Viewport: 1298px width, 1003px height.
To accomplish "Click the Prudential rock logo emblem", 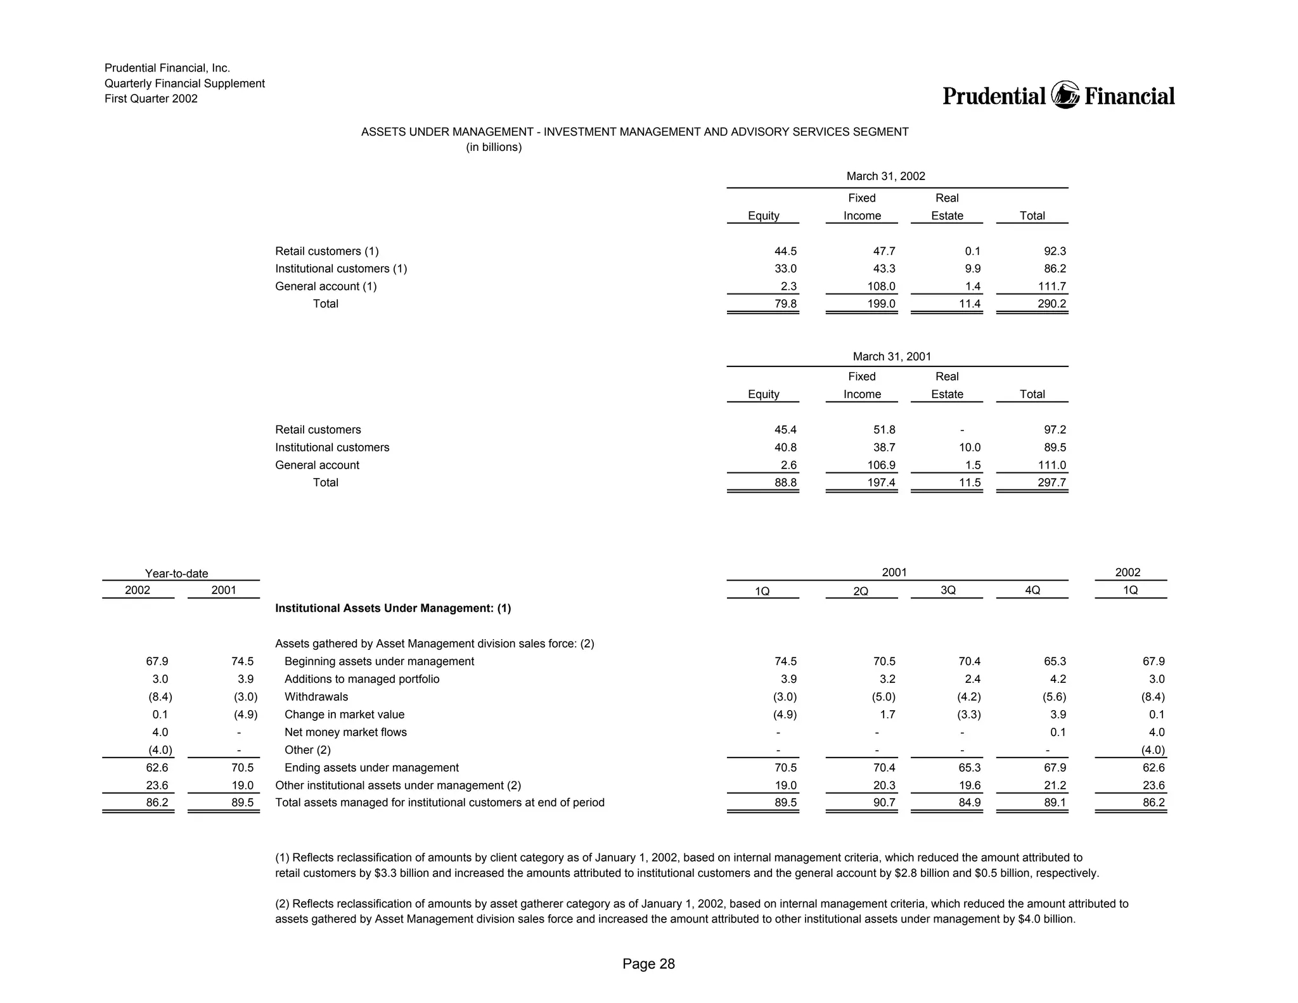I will (1065, 96).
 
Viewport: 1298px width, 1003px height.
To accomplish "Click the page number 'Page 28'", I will (648, 964).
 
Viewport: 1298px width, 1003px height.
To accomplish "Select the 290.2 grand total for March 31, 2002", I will (1051, 304).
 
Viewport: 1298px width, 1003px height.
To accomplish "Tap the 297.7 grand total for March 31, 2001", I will (1051, 482).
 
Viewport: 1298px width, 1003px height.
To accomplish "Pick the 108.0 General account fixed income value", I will (881, 287).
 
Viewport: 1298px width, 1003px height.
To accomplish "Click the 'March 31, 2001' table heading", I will (892, 356).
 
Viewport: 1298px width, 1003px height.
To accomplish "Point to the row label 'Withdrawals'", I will (316, 697).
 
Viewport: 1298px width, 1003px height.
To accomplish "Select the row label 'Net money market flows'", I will (345, 732).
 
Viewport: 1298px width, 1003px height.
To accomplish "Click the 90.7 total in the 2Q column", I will (884, 803).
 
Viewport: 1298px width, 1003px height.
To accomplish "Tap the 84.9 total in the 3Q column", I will (969, 803).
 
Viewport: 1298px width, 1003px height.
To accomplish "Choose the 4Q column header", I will (1032, 590).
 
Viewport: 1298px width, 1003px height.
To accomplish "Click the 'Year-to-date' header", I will (176, 574).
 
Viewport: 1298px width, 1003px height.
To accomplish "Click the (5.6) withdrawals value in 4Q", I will (1054, 697).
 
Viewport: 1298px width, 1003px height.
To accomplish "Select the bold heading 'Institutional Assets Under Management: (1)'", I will (393, 609).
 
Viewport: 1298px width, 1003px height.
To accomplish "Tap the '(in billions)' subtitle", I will (494, 148).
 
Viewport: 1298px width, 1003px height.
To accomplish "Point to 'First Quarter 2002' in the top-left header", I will (151, 99).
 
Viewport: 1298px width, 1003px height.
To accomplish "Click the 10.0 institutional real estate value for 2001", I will (969, 448).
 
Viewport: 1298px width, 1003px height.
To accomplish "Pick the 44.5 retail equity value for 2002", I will (785, 252).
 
